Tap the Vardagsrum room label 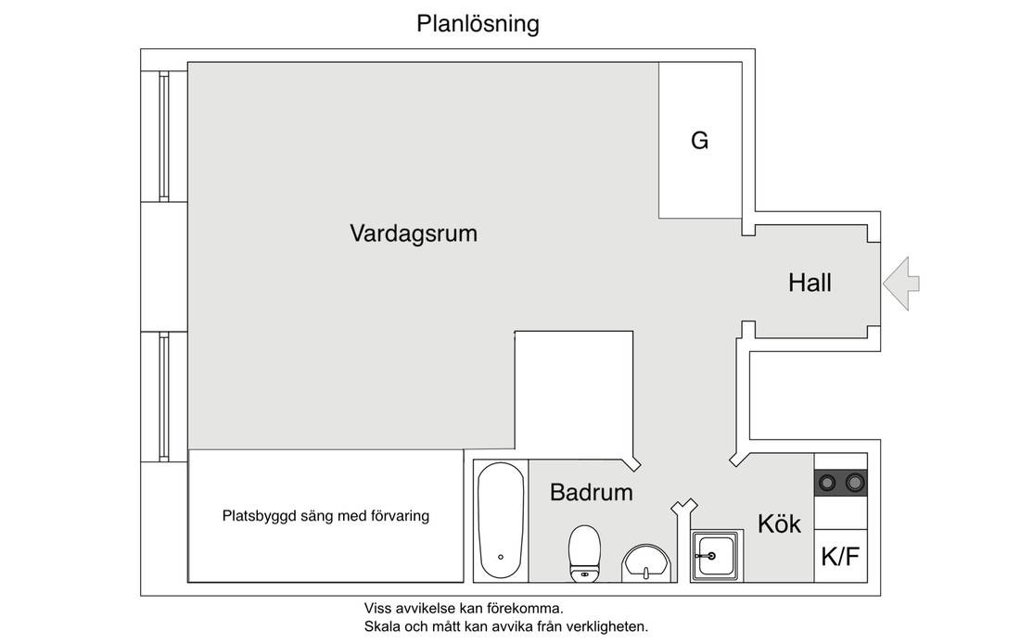pos(414,233)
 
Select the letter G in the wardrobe pos(699,141)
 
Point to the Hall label pos(810,283)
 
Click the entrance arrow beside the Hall pos(901,284)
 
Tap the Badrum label pos(592,492)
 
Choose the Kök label pos(779,523)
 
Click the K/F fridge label pos(840,557)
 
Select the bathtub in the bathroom pos(500,520)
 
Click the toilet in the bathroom pos(584,553)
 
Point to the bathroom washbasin pos(646,563)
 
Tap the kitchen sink pos(716,555)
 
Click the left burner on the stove pos(827,483)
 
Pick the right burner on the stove pos(855,483)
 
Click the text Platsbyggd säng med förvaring pos(325,516)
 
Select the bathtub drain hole pos(500,557)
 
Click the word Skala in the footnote pos(382,627)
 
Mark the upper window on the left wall pos(164,136)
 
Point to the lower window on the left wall pos(164,397)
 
